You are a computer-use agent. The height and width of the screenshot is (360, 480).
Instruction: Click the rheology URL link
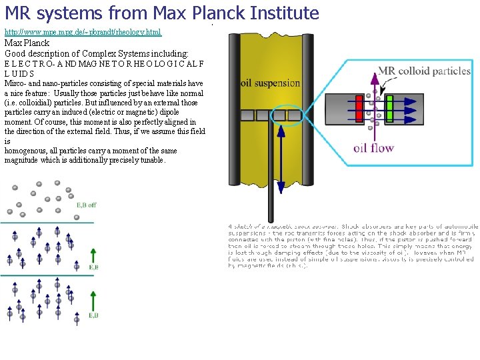83,32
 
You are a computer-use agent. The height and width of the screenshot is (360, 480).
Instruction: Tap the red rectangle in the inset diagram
360,109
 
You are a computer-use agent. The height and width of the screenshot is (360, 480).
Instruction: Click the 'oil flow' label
373,148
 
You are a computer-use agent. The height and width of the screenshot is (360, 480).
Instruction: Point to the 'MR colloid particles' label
424,71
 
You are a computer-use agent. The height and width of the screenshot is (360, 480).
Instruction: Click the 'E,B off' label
87,205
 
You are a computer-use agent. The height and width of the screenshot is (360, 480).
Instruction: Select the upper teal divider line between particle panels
47,222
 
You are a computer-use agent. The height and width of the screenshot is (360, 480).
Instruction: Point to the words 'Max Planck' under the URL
27,43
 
